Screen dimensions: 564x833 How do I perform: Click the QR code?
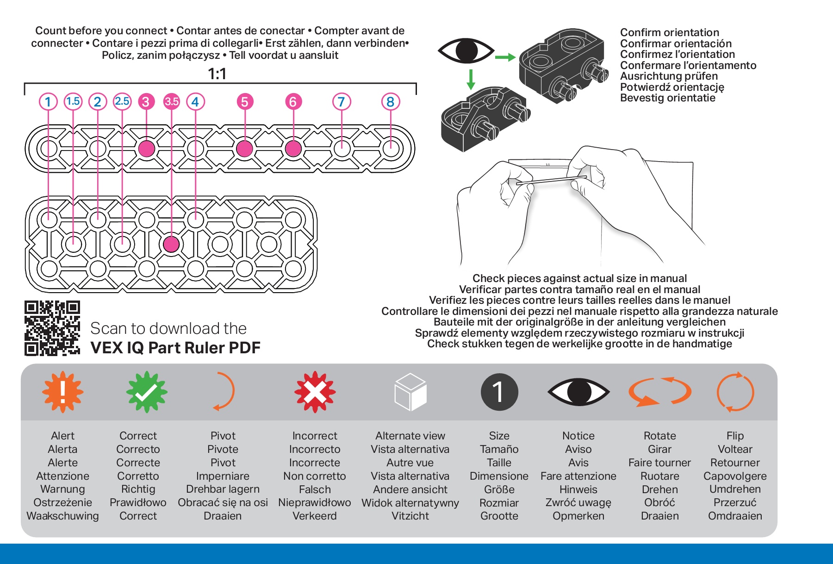(52, 328)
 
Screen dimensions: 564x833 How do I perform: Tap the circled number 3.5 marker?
(171, 101)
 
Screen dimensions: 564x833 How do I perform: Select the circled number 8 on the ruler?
(390, 102)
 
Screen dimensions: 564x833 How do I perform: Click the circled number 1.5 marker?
(73, 101)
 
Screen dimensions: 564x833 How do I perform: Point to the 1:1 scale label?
(217, 74)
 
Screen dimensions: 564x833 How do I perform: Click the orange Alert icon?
(62, 392)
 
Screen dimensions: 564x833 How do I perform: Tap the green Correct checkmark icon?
(147, 392)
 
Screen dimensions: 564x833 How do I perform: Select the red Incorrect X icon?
(315, 392)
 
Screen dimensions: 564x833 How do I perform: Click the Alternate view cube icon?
(410, 392)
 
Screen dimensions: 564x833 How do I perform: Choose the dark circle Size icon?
(499, 392)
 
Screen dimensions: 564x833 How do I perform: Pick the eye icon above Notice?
(578, 392)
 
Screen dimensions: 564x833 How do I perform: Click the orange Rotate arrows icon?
(659, 392)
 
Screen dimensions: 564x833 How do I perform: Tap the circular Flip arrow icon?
(735, 392)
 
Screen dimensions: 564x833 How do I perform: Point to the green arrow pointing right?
(505, 57)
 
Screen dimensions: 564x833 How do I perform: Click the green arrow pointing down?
(471, 79)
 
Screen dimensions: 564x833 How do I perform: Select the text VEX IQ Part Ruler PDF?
(175, 348)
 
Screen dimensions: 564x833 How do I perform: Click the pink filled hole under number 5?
(244, 149)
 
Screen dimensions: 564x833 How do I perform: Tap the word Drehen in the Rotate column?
(659, 489)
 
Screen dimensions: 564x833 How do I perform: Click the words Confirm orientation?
(669, 32)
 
